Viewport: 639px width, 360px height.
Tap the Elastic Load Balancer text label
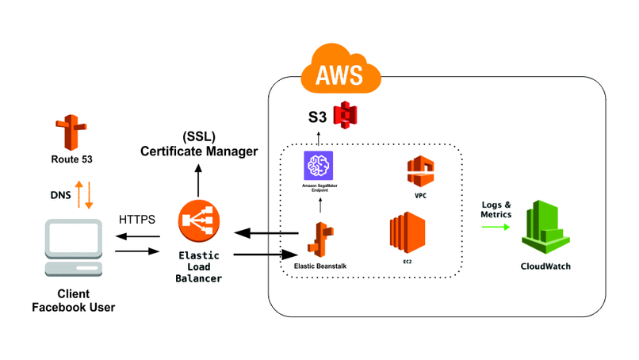(199, 267)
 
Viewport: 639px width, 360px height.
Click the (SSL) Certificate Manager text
(199, 144)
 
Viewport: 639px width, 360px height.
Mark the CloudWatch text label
(545, 266)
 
